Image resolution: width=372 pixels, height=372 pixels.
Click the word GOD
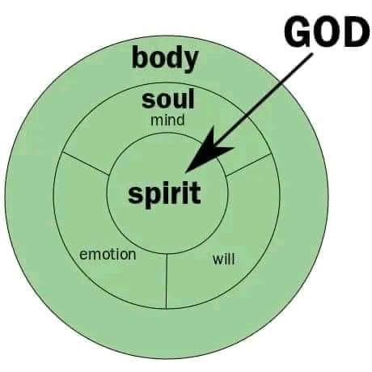point(327,32)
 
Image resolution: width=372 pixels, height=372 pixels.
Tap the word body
point(165,59)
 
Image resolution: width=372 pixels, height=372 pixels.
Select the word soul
point(167,99)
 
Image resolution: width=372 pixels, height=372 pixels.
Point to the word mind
point(167,120)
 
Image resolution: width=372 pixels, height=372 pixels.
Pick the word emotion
point(108,255)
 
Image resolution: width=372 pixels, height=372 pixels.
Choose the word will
point(223,259)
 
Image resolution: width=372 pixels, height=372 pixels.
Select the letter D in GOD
point(356,32)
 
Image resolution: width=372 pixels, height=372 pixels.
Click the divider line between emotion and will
point(167,281)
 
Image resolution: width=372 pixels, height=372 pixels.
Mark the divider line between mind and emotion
point(86,163)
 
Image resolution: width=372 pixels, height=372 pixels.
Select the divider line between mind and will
point(248,165)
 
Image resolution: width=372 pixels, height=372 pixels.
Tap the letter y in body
point(190,62)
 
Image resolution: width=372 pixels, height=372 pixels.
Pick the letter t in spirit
point(195,192)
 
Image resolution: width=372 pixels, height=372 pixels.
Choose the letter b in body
point(140,57)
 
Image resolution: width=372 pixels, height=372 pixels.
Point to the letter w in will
point(218,260)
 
